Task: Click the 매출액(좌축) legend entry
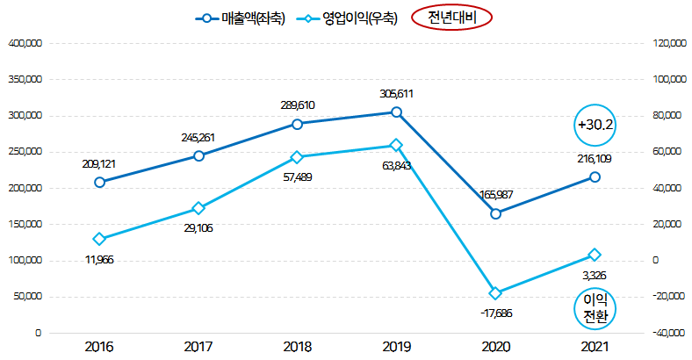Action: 240,18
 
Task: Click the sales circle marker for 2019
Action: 397,112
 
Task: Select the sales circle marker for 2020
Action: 495,213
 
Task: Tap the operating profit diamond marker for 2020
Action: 495,293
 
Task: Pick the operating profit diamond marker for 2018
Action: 297,157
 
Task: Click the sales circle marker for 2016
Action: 99,182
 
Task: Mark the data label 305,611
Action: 397,93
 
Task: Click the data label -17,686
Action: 495,313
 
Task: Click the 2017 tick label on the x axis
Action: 198,347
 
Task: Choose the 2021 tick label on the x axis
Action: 595,347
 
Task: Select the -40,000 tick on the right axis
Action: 666,333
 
